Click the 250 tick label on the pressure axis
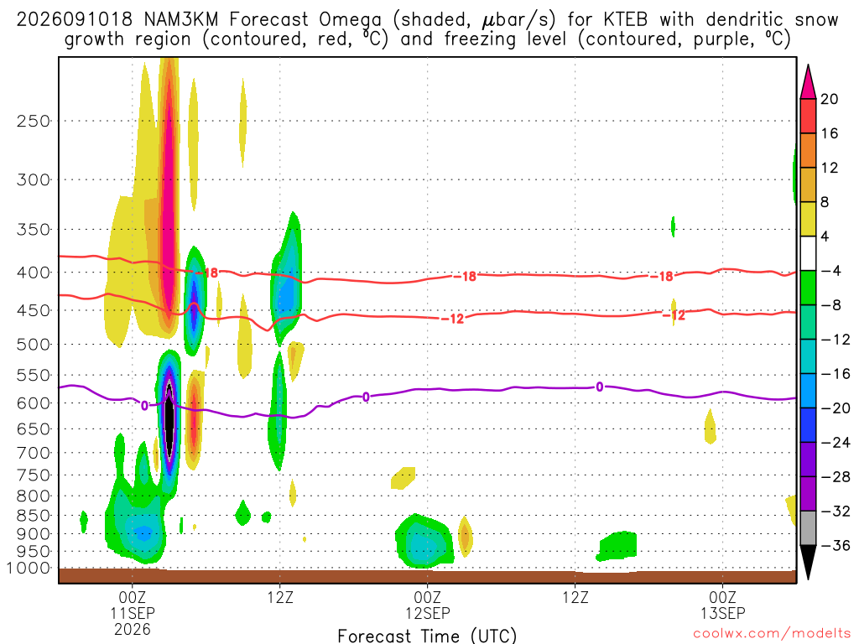pyautogui.click(x=34, y=121)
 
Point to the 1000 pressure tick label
pyautogui.click(x=29, y=569)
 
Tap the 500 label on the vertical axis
pyautogui.click(x=34, y=345)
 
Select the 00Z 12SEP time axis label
pyautogui.click(x=427, y=605)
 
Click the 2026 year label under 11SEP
pyautogui.click(x=133, y=629)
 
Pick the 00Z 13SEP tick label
pyautogui.click(x=722, y=605)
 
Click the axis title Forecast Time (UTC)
pyautogui.click(x=427, y=636)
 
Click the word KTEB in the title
pyautogui.click(x=625, y=20)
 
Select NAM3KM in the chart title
pyautogui.click(x=181, y=20)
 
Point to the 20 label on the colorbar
pyautogui.click(x=829, y=99)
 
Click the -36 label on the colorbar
pyautogui.click(x=836, y=545)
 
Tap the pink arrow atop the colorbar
pyautogui.click(x=808, y=82)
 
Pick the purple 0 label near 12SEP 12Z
pyautogui.click(x=600, y=387)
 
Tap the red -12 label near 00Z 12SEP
pyautogui.click(x=452, y=319)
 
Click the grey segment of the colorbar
pyautogui.click(x=808, y=528)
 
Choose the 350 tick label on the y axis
pyautogui.click(x=34, y=230)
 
